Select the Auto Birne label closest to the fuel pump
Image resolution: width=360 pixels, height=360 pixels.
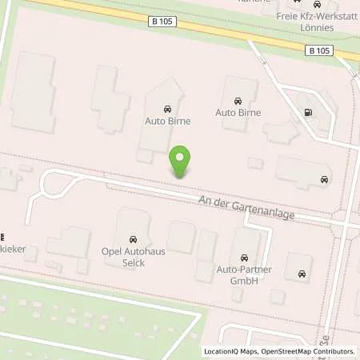pos(238,113)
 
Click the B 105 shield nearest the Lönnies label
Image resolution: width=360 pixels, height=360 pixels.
pos(318,50)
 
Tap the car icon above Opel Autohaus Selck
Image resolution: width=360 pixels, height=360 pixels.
pos(133,239)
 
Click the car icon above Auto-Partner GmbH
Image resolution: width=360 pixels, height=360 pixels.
pos(244,258)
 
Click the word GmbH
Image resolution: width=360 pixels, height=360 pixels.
pos(244,279)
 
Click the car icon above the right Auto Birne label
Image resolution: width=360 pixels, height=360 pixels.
pos(238,101)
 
